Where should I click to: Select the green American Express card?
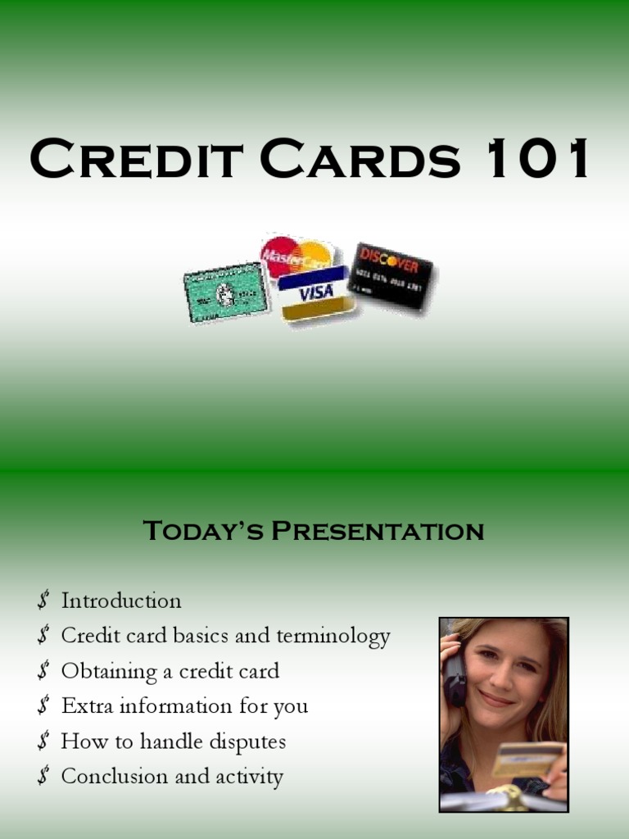[x=225, y=293]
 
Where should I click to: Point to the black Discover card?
[x=390, y=275]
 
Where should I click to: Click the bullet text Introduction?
[x=121, y=601]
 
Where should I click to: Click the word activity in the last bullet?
[x=249, y=778]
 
